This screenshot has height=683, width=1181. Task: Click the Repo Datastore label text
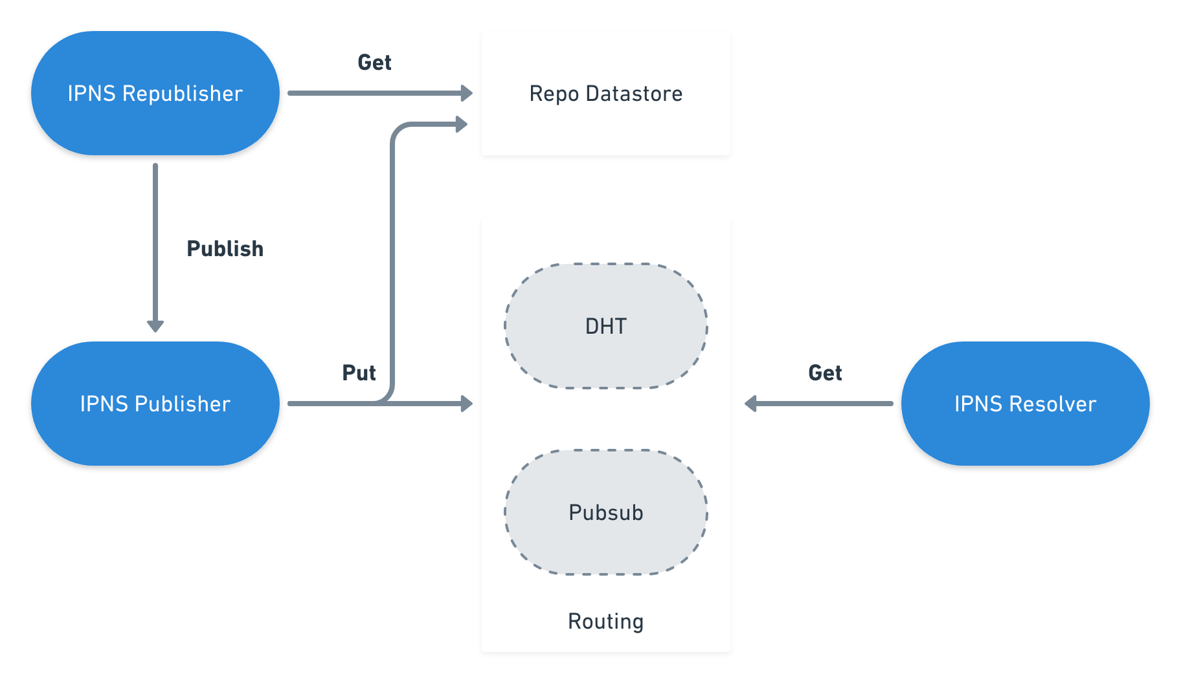click(x=605, y=94)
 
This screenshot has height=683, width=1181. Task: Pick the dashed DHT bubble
click(x=605, y=326)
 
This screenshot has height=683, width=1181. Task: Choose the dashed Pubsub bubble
click(x=605, y=512)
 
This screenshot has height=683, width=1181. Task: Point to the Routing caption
click(x=605, y=621)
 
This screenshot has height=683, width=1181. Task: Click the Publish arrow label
click(x=225, y=248)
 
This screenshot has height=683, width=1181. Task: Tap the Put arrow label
click(x=359, y=373)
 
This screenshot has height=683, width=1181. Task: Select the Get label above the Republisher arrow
click(x=374, y=63)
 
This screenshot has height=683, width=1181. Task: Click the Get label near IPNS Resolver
click(x=825, y=373)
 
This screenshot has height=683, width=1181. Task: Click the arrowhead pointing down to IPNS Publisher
click(x=155, y=325)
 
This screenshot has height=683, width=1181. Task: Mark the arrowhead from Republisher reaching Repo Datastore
click(x=467, y=93)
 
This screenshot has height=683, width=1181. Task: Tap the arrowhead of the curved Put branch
click(x=462, y=124)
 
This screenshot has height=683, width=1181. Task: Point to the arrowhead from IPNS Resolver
click(x=751, y=404)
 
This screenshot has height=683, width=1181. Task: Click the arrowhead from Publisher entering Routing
click(x=467, y=404)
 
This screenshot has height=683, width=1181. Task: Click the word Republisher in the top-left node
click(x=182, y=94)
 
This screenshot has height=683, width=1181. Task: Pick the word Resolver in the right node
click(x=1052, y=404)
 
